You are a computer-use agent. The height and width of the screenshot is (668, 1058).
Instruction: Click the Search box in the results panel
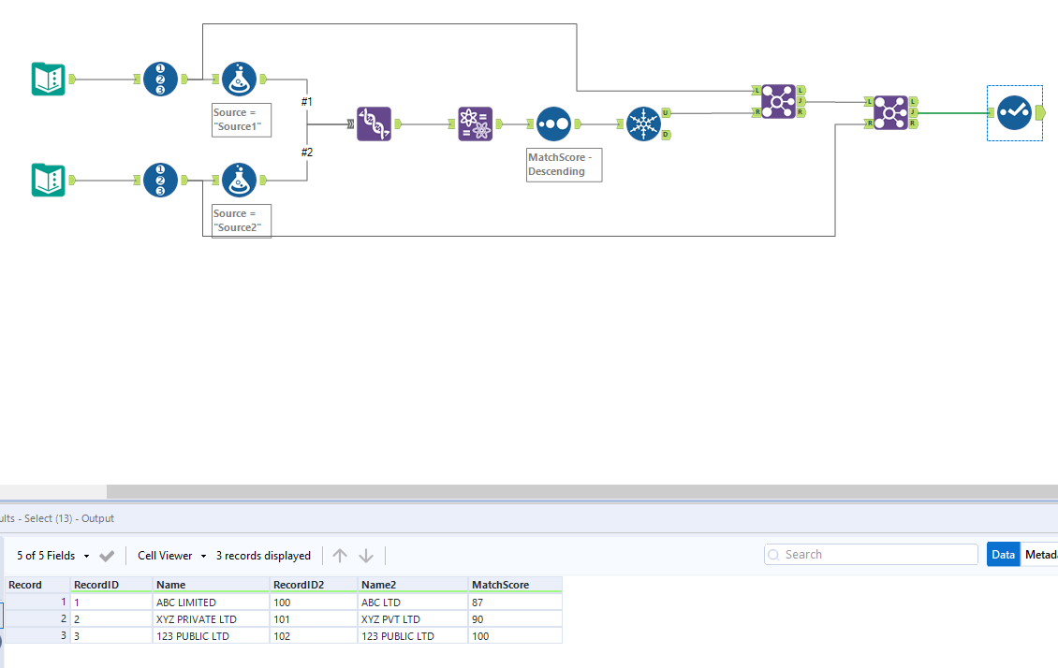[871, 555]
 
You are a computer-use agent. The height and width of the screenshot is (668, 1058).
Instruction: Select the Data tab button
[1003, 555]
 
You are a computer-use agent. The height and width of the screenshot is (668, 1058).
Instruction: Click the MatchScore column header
[500, 585]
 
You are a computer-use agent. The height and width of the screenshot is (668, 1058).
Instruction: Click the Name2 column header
[379, 585]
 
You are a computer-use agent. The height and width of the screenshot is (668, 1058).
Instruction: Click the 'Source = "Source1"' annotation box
[242, 120]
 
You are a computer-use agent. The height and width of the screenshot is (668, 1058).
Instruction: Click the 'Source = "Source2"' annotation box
[242, 221]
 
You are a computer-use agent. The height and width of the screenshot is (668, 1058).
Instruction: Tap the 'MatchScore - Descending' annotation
[564, 165]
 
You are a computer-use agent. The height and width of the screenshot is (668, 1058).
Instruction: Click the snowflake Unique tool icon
[643, 123]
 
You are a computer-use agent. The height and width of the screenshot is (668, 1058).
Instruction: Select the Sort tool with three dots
[553, 123]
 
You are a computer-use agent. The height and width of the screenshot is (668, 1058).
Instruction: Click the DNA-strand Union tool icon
[375, 123]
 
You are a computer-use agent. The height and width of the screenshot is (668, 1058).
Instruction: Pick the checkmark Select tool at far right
[1014, 112]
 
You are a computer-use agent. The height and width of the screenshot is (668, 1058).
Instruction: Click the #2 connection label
[307, 152]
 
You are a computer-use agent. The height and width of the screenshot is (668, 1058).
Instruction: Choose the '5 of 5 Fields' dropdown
[52, 556]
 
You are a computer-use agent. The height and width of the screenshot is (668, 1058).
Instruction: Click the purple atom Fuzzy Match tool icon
[475, 123]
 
